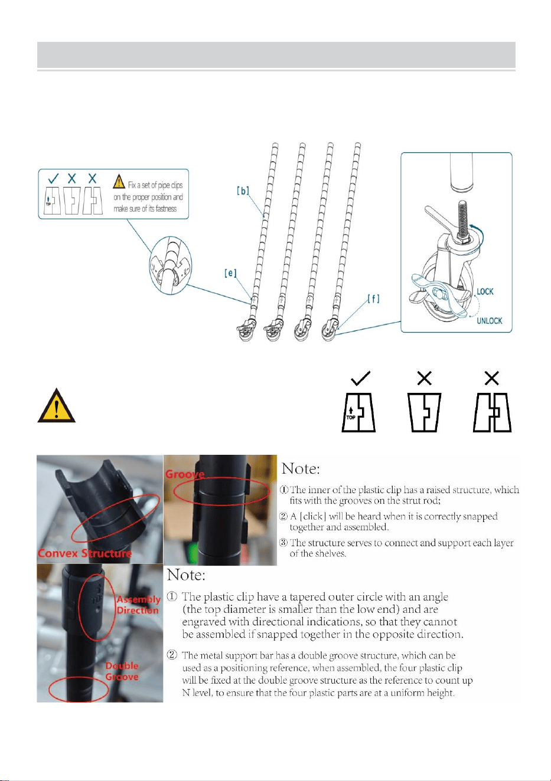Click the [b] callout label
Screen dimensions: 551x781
[x=243, y=191]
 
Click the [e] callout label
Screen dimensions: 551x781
[x=230, y=273]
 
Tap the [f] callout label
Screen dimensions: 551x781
[x=373, y=299]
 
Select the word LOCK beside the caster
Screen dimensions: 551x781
[x=485, y=291]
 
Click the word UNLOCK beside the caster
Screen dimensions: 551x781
[x=490, y=321]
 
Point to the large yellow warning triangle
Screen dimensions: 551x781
[x=56, y=405]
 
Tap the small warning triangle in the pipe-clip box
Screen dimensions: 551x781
[x=119, y=181]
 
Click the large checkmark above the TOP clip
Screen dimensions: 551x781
[x=360, y=378]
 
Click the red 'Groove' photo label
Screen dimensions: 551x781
[x=185, y=474]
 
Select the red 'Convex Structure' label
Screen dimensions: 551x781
[x=85, y=553]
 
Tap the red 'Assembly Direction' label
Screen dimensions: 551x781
[x=138, y=605]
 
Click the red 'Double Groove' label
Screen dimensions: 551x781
[x=122, y=671]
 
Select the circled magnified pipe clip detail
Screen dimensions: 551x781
[x=171, y=265]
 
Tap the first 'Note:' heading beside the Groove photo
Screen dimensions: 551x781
[x=301, y=468]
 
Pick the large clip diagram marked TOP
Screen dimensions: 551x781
[x=358, y=413]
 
